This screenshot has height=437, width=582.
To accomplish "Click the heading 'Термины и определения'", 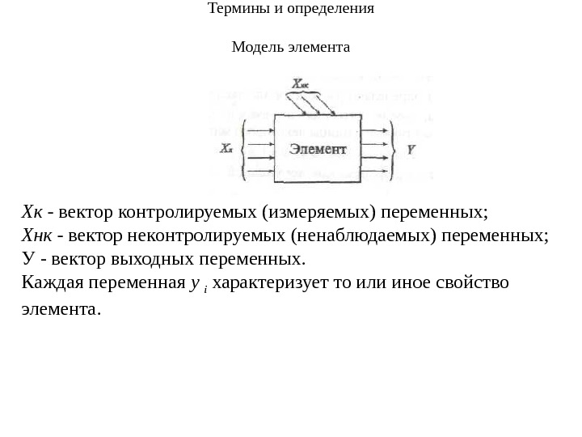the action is (291, 10).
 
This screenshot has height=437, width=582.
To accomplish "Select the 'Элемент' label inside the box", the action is (318, 149).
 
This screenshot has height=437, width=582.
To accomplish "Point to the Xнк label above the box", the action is (300, 83).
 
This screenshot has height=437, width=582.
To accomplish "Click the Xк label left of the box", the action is (226, 150).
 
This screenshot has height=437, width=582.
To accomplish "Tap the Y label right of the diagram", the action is (411, 150).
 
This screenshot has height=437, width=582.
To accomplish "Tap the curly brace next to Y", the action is (394, 150).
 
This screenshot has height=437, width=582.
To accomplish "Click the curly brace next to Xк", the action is (243, 150).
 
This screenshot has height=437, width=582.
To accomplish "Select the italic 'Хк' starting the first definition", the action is (32, 213).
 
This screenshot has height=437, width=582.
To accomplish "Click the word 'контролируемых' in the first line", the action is (188, 213).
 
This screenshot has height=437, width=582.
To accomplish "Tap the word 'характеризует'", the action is (259, 283).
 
